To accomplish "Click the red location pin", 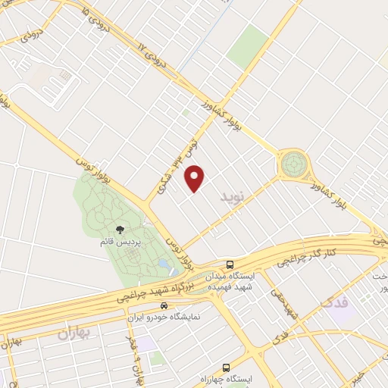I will pyautogui.click(x=196, y=177).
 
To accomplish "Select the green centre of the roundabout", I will pyautogui.click(x=294, y=164).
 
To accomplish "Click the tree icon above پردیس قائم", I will pyautogui.click(x=119, y=229).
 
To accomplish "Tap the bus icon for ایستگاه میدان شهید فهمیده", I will pyautogui.click(x=230, y=266).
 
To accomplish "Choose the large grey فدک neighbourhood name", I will pyautogui.click(x=336, y=302).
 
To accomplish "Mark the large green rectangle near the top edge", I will pyautogui.click(x=247, y=45).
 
